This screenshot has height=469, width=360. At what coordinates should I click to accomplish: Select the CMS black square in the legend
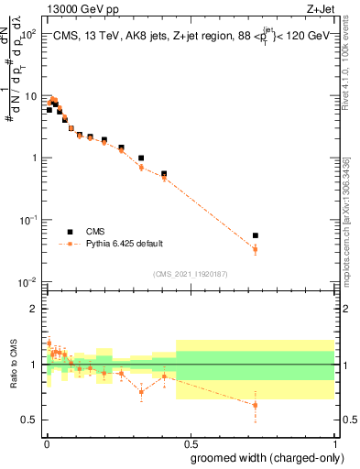pyautogui.click(x=70, y=233)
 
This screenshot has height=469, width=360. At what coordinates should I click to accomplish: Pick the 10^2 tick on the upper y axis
pyautogui.click(x=27, y=34)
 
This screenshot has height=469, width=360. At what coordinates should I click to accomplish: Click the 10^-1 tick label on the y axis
pyautogui.click(x=27, y=220)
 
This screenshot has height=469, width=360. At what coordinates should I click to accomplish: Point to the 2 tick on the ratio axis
pyautogui.click(x=35, y=309)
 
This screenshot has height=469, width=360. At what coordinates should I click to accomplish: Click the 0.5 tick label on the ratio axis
pyautogui.click(x=29, y=420)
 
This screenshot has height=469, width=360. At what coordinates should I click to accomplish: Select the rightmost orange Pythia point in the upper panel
pyautogui.click(x=256, y=249)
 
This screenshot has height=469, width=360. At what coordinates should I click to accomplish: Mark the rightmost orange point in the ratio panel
pyautogui.click(x=256, y=405)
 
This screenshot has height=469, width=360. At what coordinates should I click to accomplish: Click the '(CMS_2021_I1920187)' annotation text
pyautogui.click(x=190, y=273)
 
